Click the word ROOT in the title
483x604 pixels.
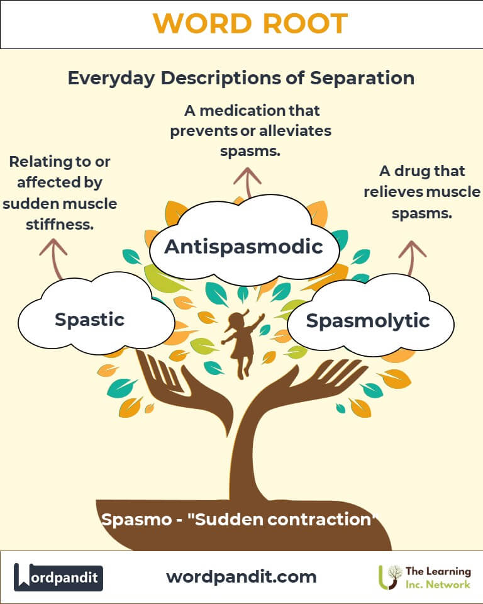[x=306, y=23]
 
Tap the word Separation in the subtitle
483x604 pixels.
[x=362, y=78]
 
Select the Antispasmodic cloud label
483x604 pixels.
[x=243, y=247]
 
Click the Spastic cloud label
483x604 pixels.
[x=89, y=320]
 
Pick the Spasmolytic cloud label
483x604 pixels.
[x=368, y=320]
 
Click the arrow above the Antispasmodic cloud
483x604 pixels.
[x=248, y=182]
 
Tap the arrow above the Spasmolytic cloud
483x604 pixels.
[x=412, y=258]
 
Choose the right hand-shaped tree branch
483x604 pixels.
[x=308, y=385]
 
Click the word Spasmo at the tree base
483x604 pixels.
[x=136, y=520]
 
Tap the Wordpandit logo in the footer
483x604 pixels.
[x=58, y=577]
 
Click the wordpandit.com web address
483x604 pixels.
[x=241, y=577]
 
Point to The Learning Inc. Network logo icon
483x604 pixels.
[x=389, y=577]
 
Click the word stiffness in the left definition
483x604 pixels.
[x=60, y=224]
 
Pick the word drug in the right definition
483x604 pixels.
[x=413, y=171]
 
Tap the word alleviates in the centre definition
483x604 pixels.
[x=296, y=131]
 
